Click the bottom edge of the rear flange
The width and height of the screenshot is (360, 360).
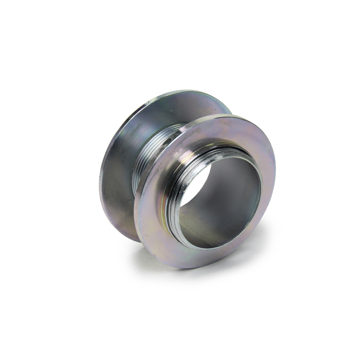coord(130,239)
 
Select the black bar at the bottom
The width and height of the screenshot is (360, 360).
coord(180,330)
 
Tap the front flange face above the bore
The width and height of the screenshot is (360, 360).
coord(225,130)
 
